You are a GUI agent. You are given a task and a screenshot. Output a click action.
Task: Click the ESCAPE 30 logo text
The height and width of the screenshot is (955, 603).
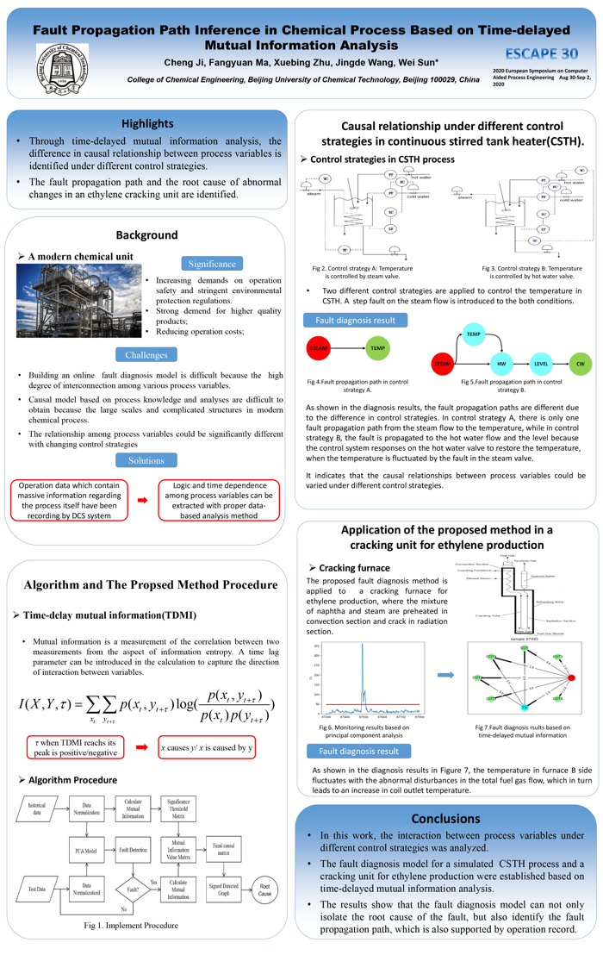542,51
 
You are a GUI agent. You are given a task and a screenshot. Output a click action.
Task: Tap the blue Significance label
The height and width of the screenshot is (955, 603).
211,263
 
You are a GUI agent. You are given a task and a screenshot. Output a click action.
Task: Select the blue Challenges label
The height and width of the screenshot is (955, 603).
146,354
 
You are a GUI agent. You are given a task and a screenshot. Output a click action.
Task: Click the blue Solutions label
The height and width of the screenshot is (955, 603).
146,460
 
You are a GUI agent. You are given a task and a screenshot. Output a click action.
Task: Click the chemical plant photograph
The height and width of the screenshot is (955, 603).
78,300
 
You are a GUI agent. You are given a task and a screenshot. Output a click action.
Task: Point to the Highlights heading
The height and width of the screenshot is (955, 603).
147,123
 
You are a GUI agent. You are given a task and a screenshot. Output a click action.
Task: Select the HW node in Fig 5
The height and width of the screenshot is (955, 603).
500,365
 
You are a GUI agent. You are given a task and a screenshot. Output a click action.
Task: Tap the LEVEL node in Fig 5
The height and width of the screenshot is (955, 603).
541,365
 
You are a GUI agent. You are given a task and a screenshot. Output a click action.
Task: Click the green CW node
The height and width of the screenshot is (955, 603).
581,365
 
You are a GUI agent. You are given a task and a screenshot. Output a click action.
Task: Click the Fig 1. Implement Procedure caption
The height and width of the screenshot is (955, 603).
131,925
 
